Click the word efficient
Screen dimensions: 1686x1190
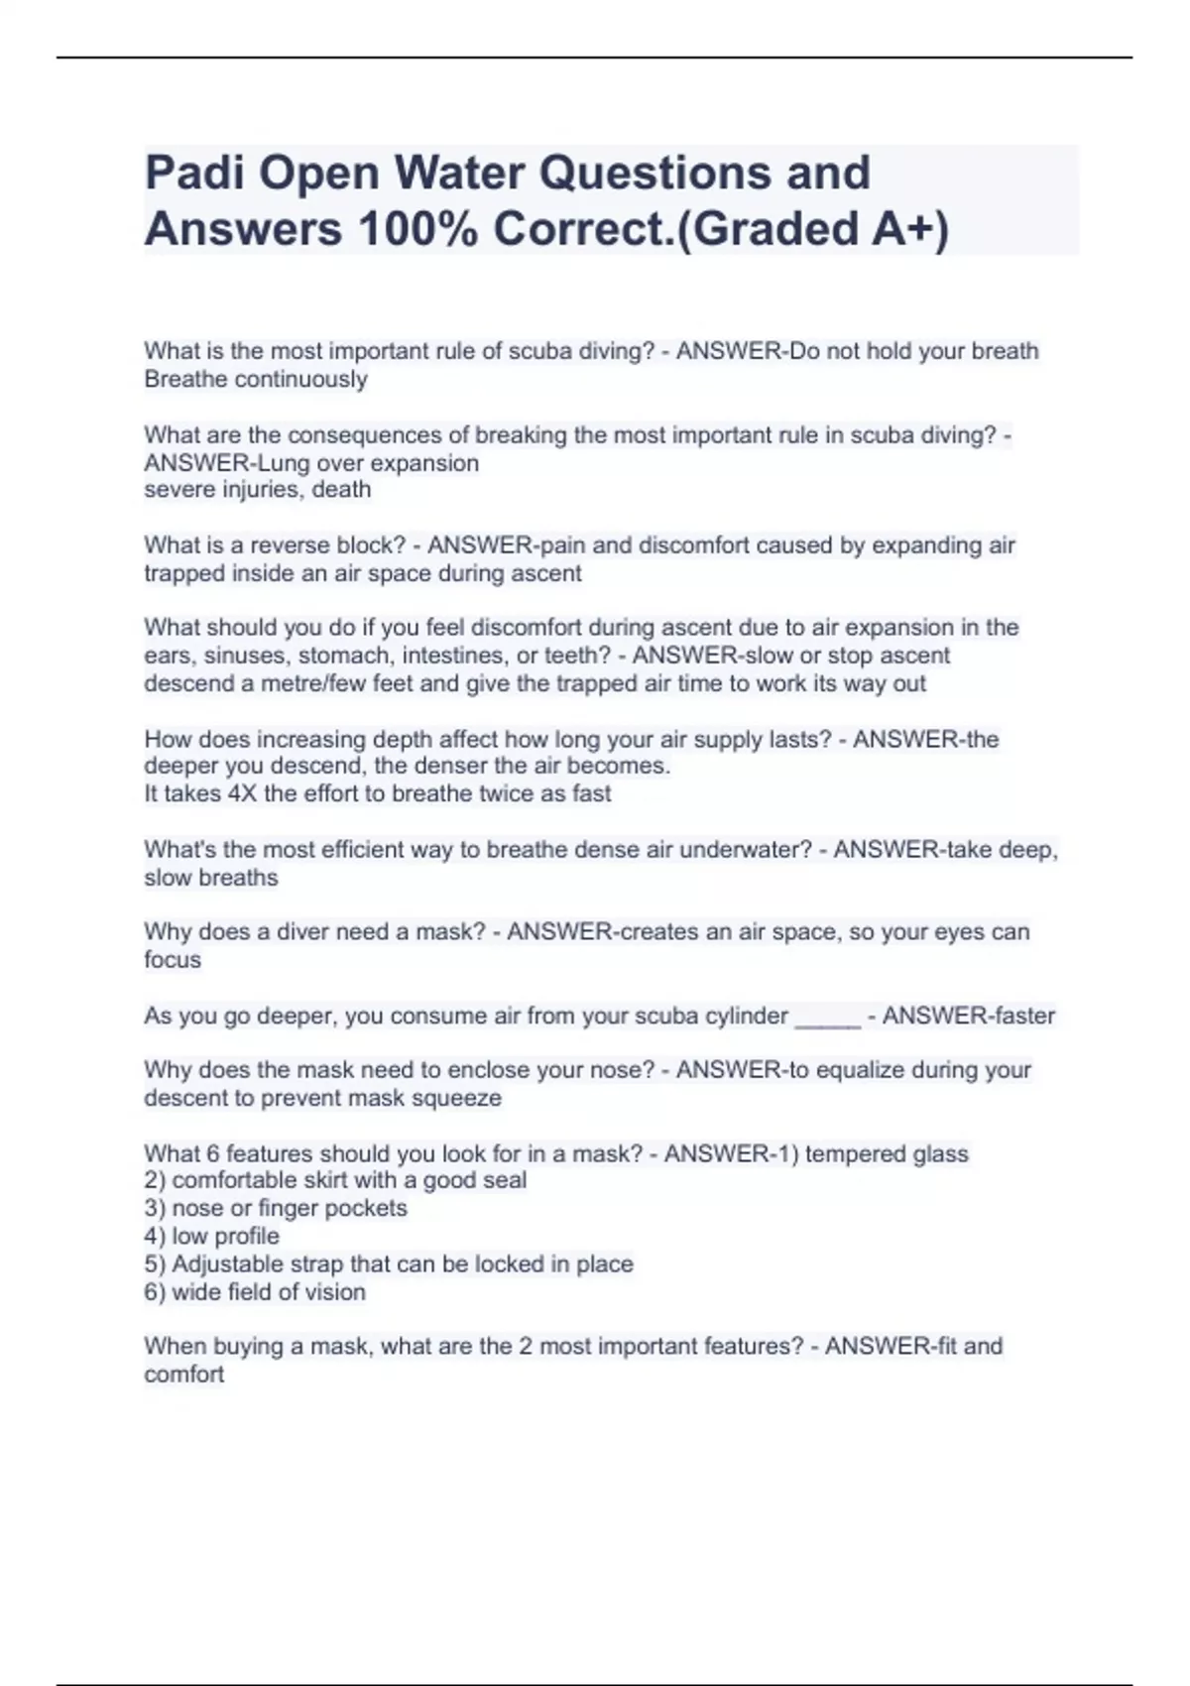[352, 849]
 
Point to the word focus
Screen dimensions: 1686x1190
[173, 960]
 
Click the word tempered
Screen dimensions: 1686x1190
[855, 1153]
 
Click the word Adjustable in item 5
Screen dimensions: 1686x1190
[227, 1264]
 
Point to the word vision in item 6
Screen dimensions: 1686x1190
[333, 1291]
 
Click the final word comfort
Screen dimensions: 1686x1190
[184, 1375]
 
